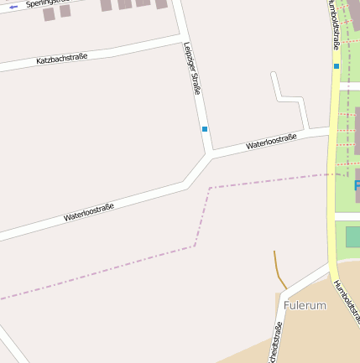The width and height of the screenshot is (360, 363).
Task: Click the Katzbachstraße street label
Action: pyautogui.click(x=62, y=59)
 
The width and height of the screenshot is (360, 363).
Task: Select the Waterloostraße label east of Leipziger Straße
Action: pyautogui.click(x=270, y=142)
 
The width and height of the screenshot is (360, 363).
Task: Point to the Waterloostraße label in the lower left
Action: pyautogui.click(x=88, y=213)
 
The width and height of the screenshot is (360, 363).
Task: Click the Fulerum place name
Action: pyautogui.click(x=305, y=306)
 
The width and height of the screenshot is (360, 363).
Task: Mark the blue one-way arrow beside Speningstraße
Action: pyautogui.click(x=13, y=7)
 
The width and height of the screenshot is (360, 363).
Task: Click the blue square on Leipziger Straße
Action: pyautogui.click(x=204, y=128)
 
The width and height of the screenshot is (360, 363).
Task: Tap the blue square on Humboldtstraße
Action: pyautogui.click(x=336, y=65)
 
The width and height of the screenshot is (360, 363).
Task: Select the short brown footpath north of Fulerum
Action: pyautogui.click(x=279, y=270)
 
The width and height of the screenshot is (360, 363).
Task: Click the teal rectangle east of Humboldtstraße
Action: pyautogui.click(x=352, y=236)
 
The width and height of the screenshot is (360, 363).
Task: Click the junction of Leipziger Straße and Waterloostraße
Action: pyautogui.click(x=208, y=156)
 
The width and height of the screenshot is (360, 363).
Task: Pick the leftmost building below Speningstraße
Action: pyautogui.click(x=49, y=14)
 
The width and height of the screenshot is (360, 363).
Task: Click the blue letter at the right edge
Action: pyautogui.click(x=357, y=184)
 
